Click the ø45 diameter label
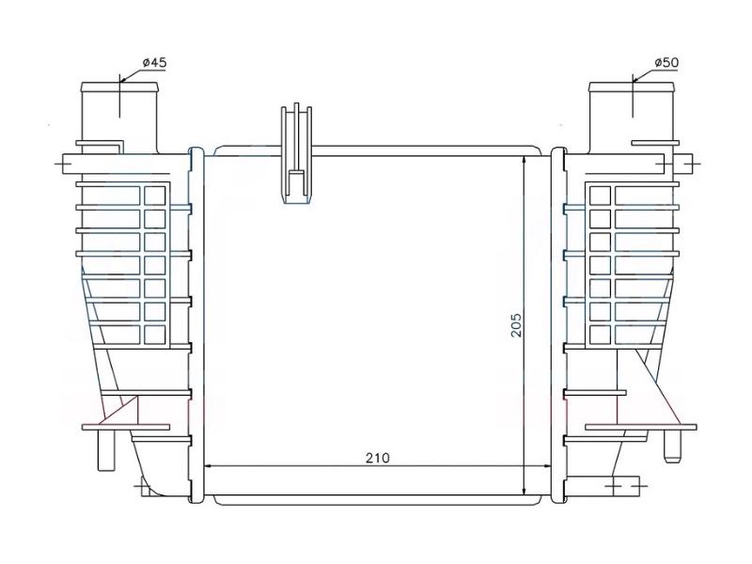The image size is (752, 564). (x=154, y=62)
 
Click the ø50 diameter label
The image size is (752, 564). (x=666, y=62)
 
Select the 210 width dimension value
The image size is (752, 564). (x=377, y=458)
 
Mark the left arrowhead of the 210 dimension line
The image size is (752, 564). (x=210, y=466)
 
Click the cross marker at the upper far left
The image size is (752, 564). (x=64, y=163)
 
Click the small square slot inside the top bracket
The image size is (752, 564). (x=294, y=183)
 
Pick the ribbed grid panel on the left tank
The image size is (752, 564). (x=142, y=263)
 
